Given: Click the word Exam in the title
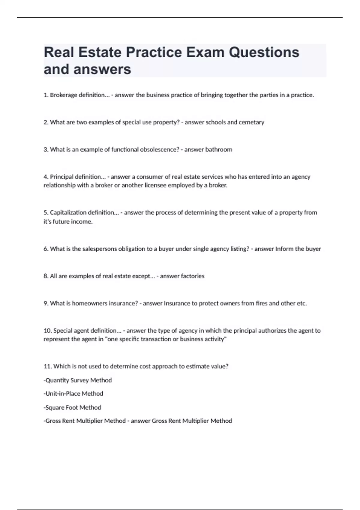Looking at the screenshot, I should pos(205,52).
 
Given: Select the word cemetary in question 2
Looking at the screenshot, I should pos(251,122).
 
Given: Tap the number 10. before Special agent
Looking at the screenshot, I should pos(48,331).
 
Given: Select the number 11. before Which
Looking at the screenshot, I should pos(48,366).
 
